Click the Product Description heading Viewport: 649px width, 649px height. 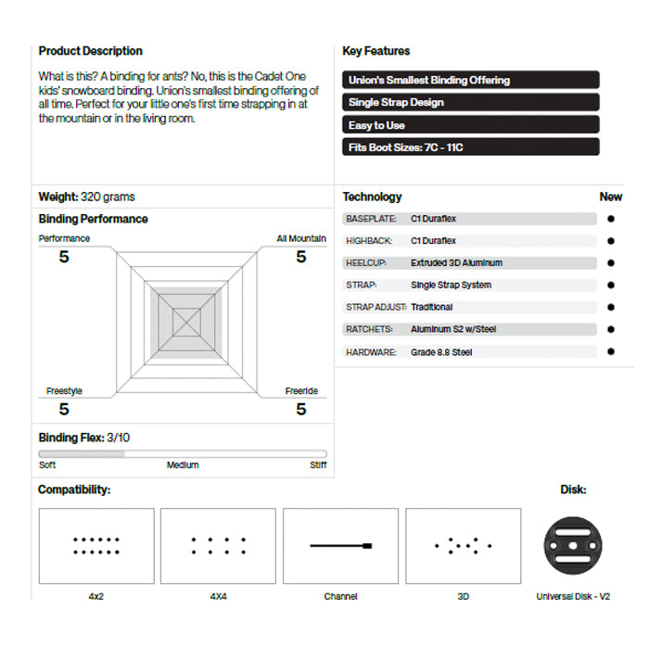coord(90,51)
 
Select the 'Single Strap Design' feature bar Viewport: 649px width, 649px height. coord(471,102)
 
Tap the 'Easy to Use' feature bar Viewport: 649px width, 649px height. coord(471,124)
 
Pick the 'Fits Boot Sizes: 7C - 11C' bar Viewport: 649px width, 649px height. coord(471,146)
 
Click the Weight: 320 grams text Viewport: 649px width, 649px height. coord(86,197)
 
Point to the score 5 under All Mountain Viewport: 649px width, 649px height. coord(300,257)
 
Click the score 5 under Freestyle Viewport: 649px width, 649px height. coord(64,409)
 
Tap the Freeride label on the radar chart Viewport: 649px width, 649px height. coord(301,391)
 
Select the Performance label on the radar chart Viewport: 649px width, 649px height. coord(64,238)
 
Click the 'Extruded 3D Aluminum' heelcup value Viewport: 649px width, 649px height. coord(456,262)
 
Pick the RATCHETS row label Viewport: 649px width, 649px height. coord(369,329)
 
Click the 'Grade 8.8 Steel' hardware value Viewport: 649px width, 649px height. coord(441,352)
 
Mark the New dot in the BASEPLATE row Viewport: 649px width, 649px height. coord(610,219)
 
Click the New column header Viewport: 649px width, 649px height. coord(611,197)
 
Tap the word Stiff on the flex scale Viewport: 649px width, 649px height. coord(318,465)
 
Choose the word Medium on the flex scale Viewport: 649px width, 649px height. coord(183,465)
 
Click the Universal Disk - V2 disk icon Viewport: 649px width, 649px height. coord(572,546)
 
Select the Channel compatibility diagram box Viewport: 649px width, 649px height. coord(340,546)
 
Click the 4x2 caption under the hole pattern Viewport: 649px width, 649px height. coord(96,596)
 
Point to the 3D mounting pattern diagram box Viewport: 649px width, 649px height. coord(463,546)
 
